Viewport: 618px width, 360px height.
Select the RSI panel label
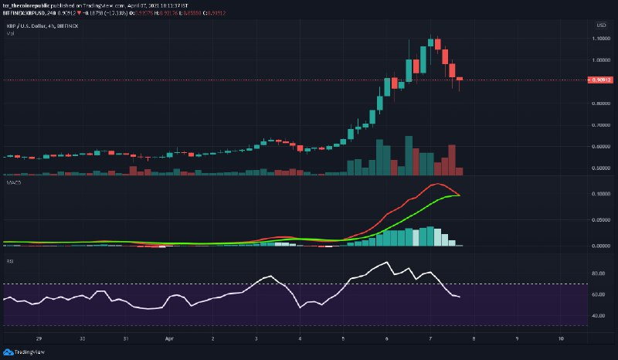point(8,261)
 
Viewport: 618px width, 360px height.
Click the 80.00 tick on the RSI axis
point(596,273)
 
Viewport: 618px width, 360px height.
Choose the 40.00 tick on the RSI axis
point(596,316)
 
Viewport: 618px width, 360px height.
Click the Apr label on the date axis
point(168,338)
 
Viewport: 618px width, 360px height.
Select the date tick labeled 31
point(125,338)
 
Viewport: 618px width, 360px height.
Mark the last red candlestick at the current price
point(460,80)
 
